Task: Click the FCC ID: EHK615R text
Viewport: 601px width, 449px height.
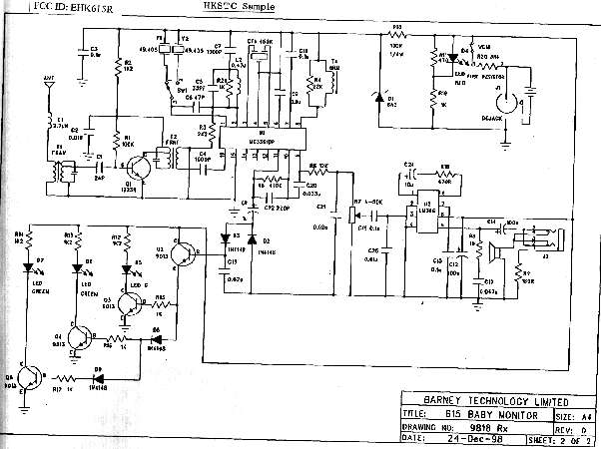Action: pos(44,6)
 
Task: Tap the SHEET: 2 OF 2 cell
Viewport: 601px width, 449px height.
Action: pos(564,437)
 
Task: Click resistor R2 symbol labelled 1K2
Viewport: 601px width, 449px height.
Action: pos(117,66)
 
